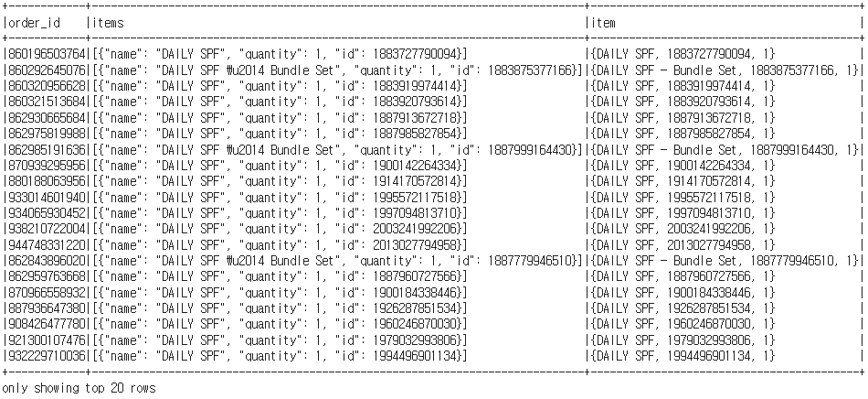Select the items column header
(x=108, y=21)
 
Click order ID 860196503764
(x=47, y=54)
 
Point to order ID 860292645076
(x=47, y=70)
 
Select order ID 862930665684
(x=47, y=118)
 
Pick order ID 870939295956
(x=47, y=166)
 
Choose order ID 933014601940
(x=47, y=198)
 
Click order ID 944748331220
(x=47, y=245)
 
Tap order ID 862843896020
(x=47, y=261)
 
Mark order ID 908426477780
(x=47, y=324)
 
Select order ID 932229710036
(x=47, y=356)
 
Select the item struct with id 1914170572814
(x=682, y=181)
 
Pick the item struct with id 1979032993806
(x=682, y=340)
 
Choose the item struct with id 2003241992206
(x=682, y=229)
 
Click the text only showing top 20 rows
(x=66, y=388)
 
